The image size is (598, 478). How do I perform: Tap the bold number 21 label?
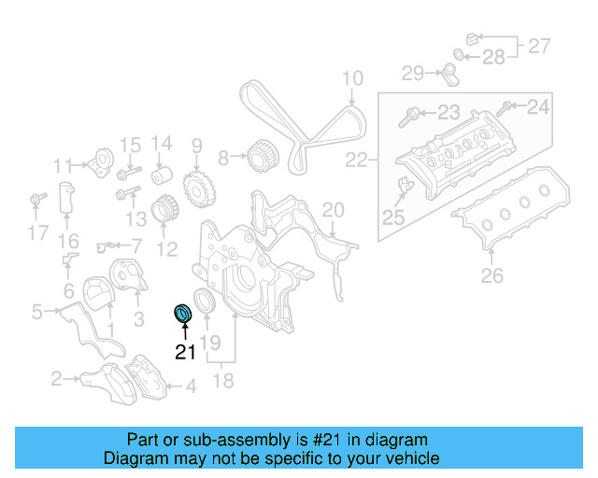click(186, 352)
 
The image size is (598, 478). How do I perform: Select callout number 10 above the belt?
click(351, 78)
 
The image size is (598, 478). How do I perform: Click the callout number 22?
click(357, 161)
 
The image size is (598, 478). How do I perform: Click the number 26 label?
click(491, 274)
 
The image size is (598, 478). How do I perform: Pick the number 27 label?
click(539, 44)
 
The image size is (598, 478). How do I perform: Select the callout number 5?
click(36, 312)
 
